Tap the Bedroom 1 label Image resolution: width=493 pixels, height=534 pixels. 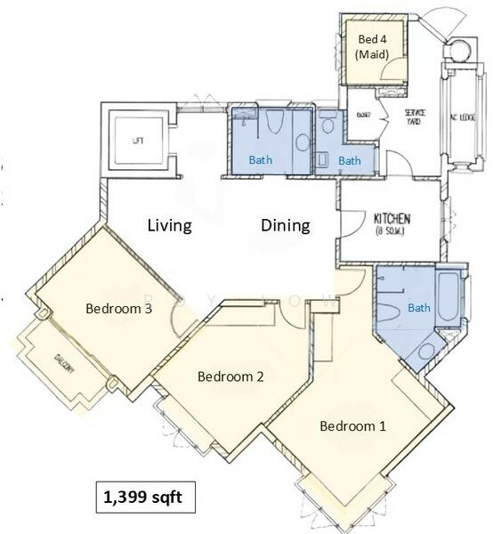(x=352, y=425)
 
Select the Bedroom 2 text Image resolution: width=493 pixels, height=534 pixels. (x=230, y=376)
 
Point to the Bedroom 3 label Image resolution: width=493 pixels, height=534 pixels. (x=118, y=309)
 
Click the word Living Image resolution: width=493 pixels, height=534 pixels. (x=169, y=225)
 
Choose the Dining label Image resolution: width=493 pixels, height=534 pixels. (x=285, y=225)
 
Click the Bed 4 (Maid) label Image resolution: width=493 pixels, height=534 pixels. (x=372, y=46)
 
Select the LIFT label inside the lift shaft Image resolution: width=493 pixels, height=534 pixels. (x=137, y=141)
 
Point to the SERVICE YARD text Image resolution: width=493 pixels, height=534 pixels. (x=415, y=117)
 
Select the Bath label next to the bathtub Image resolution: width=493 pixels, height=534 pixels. (x=417, y=308)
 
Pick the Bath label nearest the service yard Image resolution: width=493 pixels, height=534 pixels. (x=349, y=160)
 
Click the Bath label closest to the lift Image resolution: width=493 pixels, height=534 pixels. (x=260, y=160)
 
